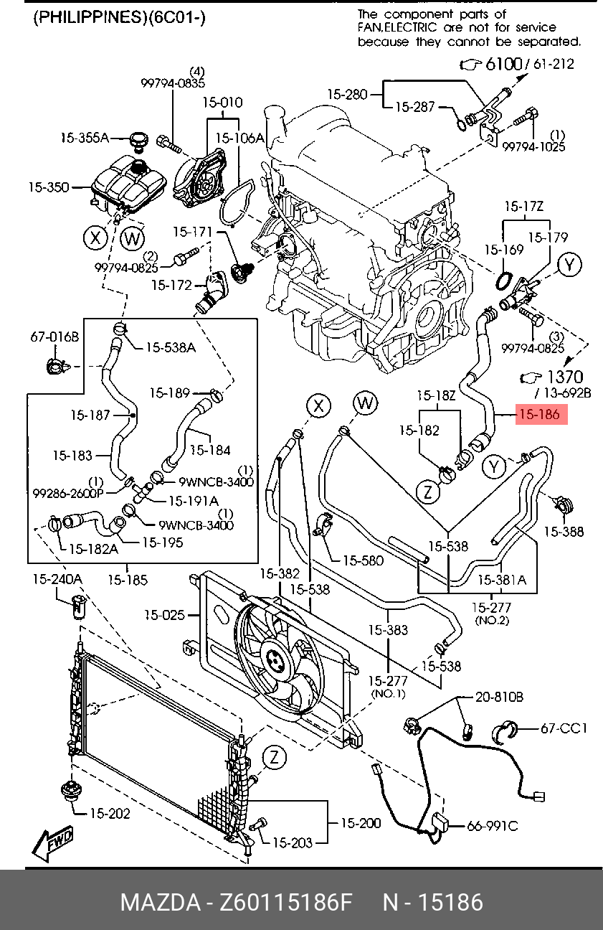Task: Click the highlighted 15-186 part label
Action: (x=541, y=414)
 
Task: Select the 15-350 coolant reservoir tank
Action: (x=128, y=184)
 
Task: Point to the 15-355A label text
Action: (x=85, y=138)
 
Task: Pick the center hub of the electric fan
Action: (x=274, y=659)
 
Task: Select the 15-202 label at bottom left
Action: (x=110, y=813)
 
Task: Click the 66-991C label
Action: (x=493, y=826)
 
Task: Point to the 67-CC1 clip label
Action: (x=564, y=728)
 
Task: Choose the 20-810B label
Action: (x=499, y=697)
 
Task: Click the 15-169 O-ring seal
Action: (x=504, y=281)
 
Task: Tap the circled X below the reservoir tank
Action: (x=96, y=238)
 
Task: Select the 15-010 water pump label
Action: (x=222, y=102)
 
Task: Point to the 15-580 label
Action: (x=364, y=560)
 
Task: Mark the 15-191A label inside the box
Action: (x=194, y=501)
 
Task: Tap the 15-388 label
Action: (x=564, y=532)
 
